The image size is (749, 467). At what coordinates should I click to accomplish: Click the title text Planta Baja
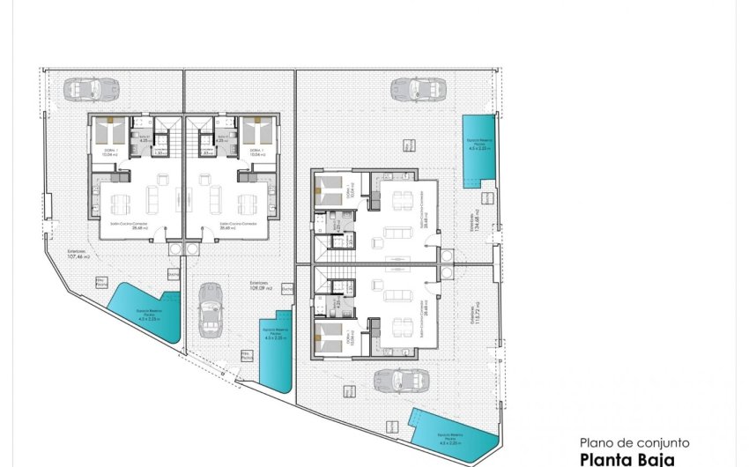(627, 459)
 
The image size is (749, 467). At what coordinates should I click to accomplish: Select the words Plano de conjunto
(634, 443)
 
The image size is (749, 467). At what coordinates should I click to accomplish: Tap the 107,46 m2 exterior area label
(79, 254)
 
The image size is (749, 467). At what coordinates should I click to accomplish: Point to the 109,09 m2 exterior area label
(261, 286)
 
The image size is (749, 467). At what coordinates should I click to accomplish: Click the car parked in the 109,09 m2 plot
(210, 310)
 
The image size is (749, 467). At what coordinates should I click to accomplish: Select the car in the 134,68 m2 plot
(412, 88)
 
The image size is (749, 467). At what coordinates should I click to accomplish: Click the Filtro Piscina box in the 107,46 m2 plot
(102, 283)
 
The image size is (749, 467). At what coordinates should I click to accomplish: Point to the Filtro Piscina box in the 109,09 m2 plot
(248, 356)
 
